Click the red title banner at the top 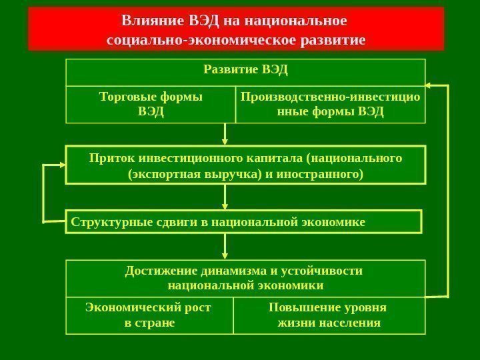click(x=236, y=29)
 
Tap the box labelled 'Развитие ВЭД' click(x=245, y=71)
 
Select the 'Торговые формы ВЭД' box click(x=151, y=104)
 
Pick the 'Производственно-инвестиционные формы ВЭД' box click(x=330, y=104)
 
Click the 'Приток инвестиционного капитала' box click(x=245, y=165)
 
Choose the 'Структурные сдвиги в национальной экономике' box click(x=245, y=221)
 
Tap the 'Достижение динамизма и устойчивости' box click(x=245, y=278)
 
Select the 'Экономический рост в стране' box click(x=149, y=315)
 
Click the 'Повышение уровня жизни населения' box click(x=329, y=315)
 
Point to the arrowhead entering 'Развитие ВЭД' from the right click(x=429, y=85)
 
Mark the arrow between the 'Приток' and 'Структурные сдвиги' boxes click(x=225, y=197)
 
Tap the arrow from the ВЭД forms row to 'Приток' click(x=225, y=135)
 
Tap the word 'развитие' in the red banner click(x=332, y=40)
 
